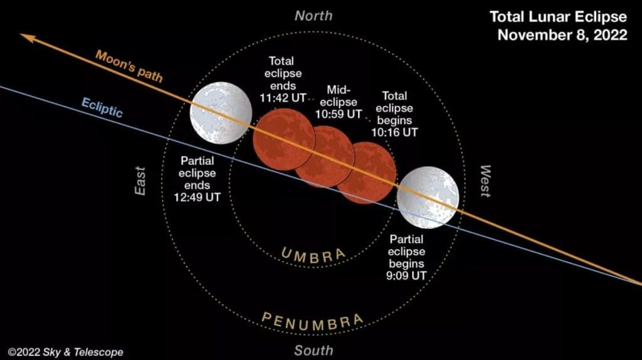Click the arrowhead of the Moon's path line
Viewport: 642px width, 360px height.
pyautogui.click(x=28, y=38)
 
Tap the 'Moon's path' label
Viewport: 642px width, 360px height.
pyautogui.click(x=129, y=65)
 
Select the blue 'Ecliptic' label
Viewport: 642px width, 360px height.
pyautogui.click(x=102, y=107)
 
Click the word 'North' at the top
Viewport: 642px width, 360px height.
pyautogui.click(x=313, y=16)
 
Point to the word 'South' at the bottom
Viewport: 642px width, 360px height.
pyautogui.click(x=313, y=351)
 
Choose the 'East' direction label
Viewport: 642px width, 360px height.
pyautogui.click(x=140, y=181)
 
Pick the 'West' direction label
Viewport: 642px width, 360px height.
pyautogui.click(x=485, y=181)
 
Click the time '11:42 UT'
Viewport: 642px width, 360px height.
pyautogui.click(x=283, y=98)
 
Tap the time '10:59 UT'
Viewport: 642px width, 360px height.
pyautogui.click(x=339, y=114)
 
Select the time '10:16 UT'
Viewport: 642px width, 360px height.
pyautogui.click(x=394, y=132)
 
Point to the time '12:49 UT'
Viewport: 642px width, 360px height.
pyautogui.click(x=197, y=197)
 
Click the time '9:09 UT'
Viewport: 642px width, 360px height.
pyautogui.click(x=406, y=275)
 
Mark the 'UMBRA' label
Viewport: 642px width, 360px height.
pyautogui.click(x=313, y=255)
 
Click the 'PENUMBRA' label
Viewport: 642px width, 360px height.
pyautogui.click(x=312, y=322)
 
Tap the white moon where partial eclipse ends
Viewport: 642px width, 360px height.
pyautogui.click(x=221, y=113)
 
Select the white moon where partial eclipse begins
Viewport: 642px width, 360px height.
pyautogui.click(x=428, y=198)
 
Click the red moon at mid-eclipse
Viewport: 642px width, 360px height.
pyautogui.click(x=325, y=156)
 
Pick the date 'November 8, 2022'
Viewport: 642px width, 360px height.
pyautogui.click(x=562, y=35)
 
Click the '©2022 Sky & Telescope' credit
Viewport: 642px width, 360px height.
pyautogui.click(x=65, y=352)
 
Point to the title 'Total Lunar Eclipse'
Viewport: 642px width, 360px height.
pyautogui.click(x=558, y=17)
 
